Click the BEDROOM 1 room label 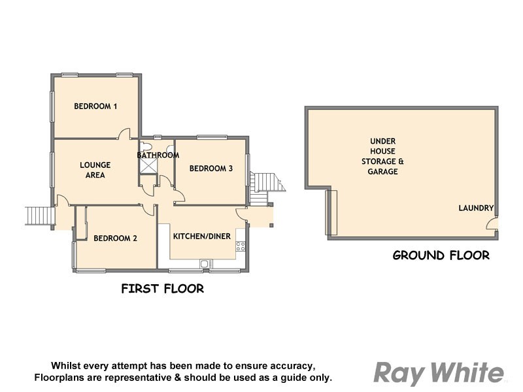(x=95, y=106)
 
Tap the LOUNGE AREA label (x=95, y=170)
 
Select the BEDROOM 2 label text (x=115, y=238)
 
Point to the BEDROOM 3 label (x=211, y=169)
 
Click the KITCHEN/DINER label (x=201, y=237)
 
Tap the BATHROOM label (x=158, y=155)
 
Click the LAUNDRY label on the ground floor (x=475, y=208)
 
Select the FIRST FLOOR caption (x=163, y=288)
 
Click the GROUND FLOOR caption (x=441, y=255)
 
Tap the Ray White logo (x=439, y=373)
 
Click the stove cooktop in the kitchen (x=240, y=247)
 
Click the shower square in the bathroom (x=148, y=166)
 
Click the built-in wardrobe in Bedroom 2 (x=80, y=223)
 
